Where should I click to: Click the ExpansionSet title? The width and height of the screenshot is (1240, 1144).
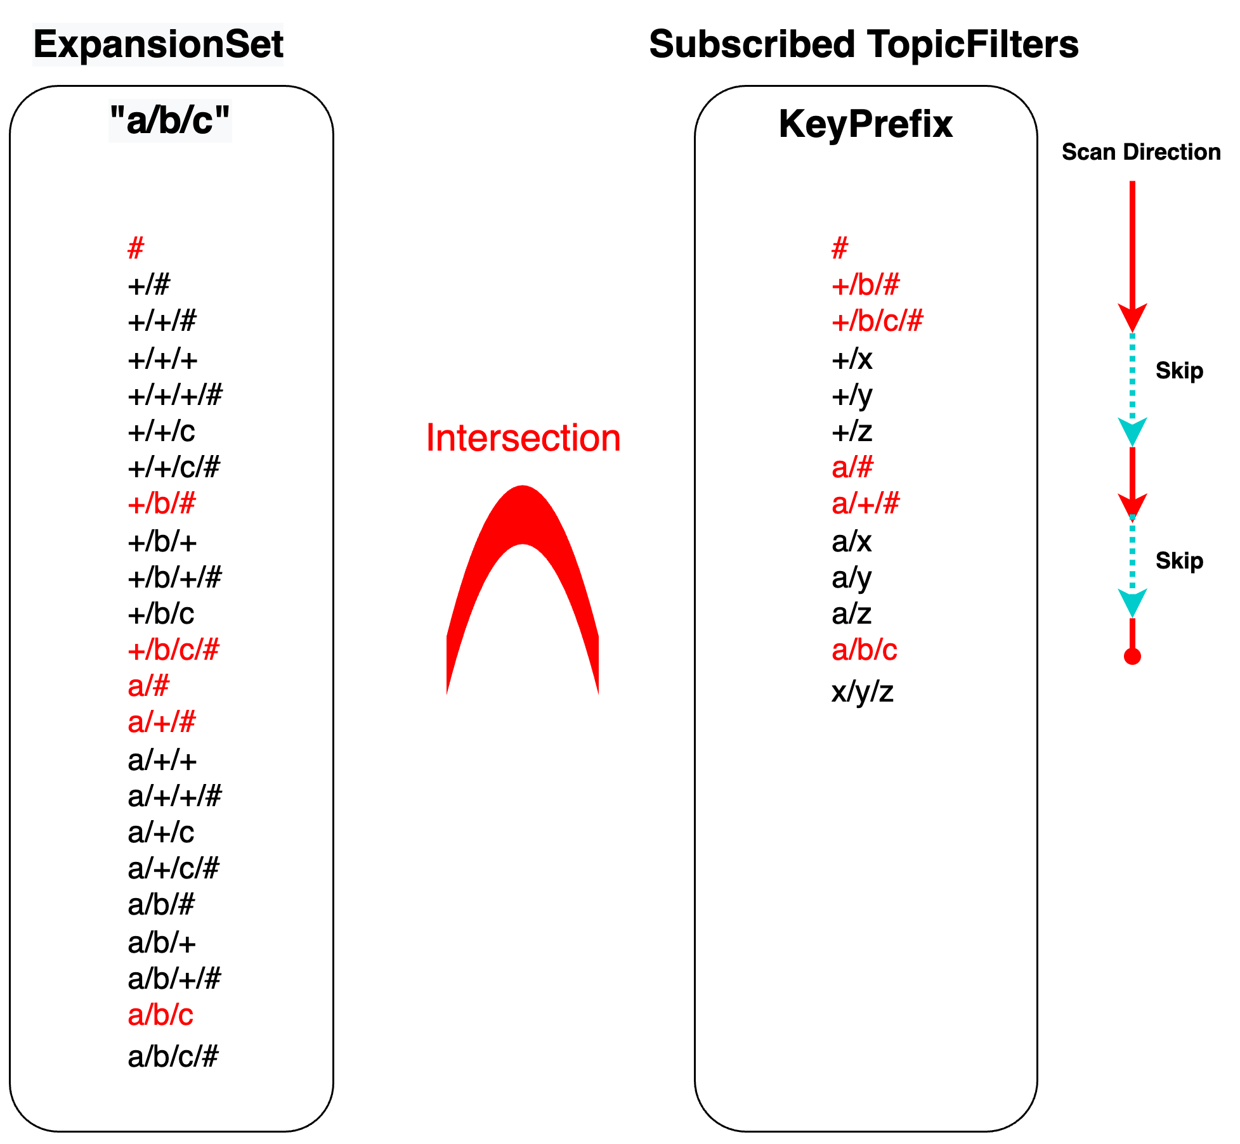[x=158, y=44]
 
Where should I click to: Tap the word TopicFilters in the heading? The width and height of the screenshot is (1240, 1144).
[x=973, y=44]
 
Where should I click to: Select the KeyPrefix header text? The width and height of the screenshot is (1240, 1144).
[x=866, y=124]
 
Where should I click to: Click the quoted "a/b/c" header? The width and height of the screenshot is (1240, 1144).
[x=170, y=120]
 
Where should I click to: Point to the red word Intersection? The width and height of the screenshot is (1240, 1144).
[x=523, y=438]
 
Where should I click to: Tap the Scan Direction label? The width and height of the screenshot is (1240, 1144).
[x=1141, y=152]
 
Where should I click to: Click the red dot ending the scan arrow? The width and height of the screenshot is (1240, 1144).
[x=1132, y=657]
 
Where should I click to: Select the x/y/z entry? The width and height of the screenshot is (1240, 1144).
[x=863, y=691]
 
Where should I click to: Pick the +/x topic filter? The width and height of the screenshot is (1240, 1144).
[x=852, y=359]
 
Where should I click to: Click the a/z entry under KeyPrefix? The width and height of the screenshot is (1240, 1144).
[x=852, y=614]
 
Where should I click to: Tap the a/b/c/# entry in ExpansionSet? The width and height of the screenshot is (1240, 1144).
[x=173, y=1057]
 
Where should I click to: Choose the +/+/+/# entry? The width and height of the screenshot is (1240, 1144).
[x=175, y=395]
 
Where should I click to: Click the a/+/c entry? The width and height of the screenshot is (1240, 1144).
[x=161, y=832]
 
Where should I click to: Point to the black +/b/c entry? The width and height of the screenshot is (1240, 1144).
[x=161, y=614]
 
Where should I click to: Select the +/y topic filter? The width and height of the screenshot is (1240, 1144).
[x=852, y=396]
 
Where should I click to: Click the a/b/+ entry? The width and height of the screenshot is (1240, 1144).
[x=162, y=942]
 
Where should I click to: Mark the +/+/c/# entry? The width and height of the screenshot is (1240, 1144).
[x=174, y=468]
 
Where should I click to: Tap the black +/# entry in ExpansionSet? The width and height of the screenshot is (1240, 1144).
[x=149, y=285]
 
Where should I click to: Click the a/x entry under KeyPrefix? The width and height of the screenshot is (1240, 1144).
[x=852, y=541]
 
